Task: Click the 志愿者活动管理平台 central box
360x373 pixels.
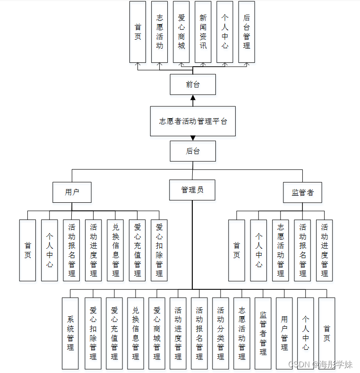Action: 193,121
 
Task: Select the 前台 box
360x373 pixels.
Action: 193,85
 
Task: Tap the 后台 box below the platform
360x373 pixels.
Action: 193,151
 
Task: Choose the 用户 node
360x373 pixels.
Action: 72,192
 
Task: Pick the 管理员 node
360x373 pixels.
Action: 192,190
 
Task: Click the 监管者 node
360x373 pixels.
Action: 303,192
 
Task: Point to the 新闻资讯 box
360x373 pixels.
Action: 203,32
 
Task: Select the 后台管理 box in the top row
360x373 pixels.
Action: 247,32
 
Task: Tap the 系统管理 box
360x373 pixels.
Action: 70,333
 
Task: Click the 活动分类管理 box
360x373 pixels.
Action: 221,333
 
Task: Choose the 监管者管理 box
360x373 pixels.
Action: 263,333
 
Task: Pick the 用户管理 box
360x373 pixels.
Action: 284,333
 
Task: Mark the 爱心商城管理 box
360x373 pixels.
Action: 157,333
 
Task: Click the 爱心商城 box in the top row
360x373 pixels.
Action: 181,32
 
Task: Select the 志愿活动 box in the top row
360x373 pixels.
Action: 160,32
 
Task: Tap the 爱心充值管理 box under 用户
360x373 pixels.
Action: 137,250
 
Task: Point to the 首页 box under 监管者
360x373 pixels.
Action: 237,250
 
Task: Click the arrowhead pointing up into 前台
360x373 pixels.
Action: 193,98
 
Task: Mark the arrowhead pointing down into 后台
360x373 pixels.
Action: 193,138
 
